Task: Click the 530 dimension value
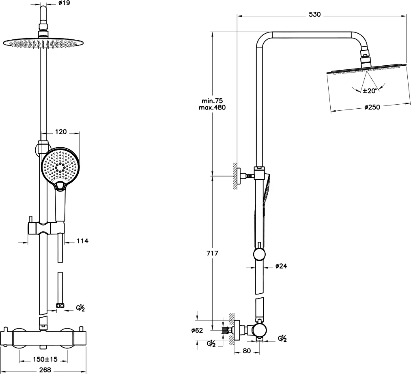[314, 15]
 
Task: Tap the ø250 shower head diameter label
[372, 107]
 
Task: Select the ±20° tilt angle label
[370, 91]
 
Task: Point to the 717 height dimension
[212, 254]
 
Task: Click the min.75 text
[212, 101]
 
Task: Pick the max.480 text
[212, 107]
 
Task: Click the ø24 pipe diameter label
[281, 266]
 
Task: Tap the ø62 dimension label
[197, 330]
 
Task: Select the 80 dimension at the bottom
[247, 350]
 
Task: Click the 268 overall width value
[45, 370]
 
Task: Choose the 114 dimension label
[83, 241]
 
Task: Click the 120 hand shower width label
[61, 131]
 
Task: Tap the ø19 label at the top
[64, 3]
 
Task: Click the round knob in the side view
[260, 254]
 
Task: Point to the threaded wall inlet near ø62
[226, 330]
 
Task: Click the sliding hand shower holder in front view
[46, 227]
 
